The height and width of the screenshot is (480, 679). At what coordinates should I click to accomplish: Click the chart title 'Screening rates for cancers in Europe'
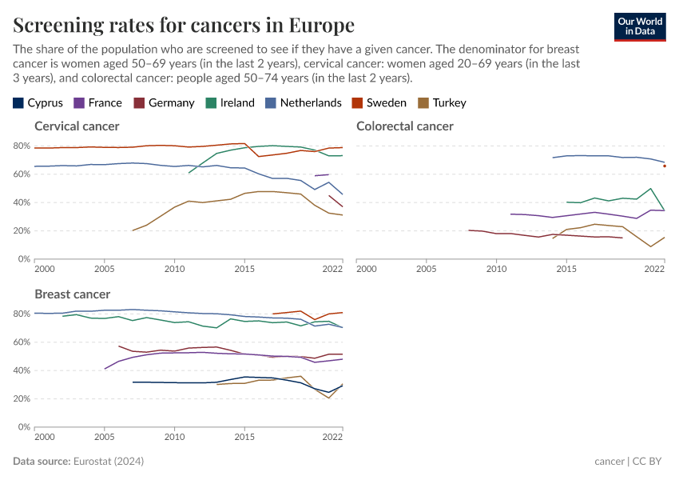click(184, 26)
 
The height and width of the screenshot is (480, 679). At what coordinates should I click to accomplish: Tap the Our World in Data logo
click(640, 26)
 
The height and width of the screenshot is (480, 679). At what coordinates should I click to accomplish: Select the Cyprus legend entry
click(38, 102)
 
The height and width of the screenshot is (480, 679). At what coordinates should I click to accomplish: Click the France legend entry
click(97, 102)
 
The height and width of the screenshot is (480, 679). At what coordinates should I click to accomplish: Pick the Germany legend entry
click(164, 102)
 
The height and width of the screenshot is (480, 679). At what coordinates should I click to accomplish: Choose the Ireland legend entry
click(230, 102)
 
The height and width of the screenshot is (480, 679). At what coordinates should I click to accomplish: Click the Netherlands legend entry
click(304, 102)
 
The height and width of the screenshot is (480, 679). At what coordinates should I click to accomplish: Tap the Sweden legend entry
click(379, 102)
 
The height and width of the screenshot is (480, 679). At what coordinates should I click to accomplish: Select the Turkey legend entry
click(442, 102)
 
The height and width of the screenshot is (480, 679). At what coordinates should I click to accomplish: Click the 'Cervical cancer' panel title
click(77, 126)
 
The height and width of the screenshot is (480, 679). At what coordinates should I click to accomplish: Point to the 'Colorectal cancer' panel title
click(404, 126)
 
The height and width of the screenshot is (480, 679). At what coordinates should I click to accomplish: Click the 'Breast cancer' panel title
click(72, 294)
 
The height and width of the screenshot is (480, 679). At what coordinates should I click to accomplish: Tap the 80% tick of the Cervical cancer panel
click(22, 146)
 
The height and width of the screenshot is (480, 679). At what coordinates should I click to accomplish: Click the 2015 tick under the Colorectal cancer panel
click(566, 270)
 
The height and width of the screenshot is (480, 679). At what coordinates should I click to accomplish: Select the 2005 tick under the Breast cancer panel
click(104, 438)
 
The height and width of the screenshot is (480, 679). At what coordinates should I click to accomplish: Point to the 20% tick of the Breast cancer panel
click(22, 399)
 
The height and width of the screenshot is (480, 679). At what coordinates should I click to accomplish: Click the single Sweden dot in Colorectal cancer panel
click(665, 166)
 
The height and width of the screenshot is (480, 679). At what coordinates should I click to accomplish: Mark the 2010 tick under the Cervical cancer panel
click(174, 270)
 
